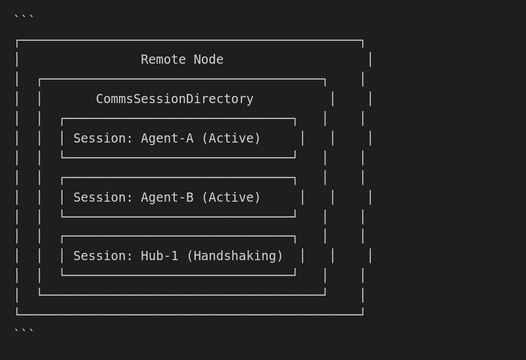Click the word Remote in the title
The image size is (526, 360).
(163, 60)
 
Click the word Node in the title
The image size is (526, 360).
(208, 60)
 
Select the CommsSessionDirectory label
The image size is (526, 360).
(174, 99)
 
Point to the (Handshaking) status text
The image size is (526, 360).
(235, 256)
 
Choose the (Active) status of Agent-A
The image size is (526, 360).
(231, 139)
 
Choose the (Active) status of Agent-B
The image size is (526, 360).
(231, 198)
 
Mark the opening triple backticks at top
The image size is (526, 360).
(24, 18)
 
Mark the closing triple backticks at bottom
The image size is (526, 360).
(24, 331)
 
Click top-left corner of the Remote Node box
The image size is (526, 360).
(17, 41)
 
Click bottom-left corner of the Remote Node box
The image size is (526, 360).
(17, 315)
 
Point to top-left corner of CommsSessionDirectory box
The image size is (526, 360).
(39, 79)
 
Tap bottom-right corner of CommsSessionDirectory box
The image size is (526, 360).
(325, 295)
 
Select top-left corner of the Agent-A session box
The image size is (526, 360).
(62, 119)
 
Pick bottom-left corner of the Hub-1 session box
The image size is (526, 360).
(62, 275)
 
